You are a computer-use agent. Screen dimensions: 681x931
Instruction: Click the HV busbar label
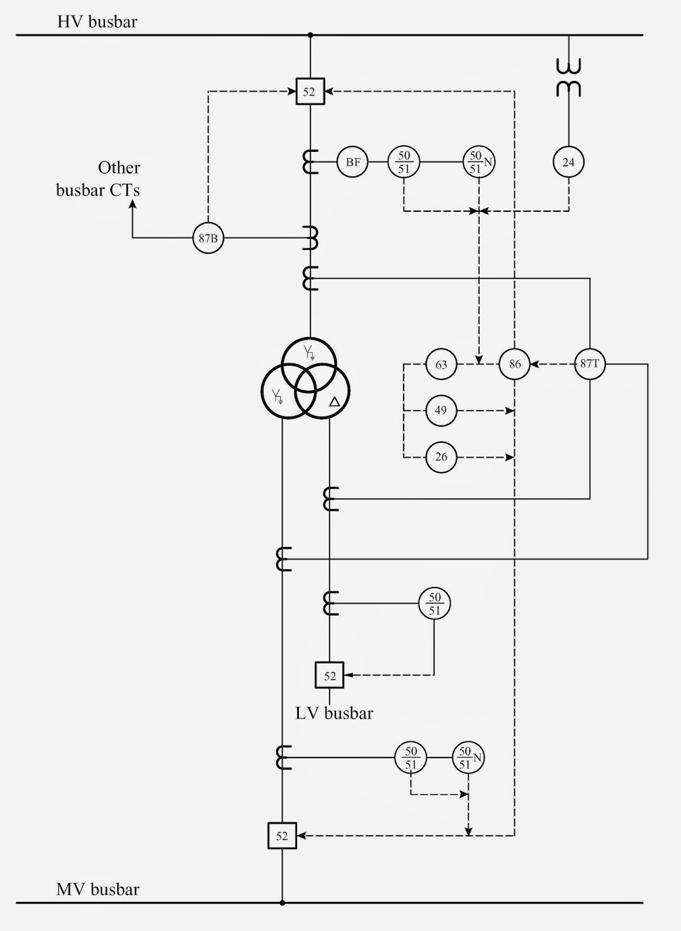(97, 22)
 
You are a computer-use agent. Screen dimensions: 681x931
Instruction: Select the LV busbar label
(334, 713)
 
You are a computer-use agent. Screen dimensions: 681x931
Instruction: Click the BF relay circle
(352, 162)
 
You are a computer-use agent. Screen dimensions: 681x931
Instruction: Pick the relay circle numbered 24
(568, 162)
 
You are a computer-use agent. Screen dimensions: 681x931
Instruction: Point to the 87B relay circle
(208, 238)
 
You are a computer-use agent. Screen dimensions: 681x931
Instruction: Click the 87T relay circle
(590, 364)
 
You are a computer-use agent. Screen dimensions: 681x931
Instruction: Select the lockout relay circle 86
(515, 364)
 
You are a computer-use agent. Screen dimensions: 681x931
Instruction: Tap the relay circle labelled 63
(441, 364)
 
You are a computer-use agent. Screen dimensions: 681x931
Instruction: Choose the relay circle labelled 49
(441, 411)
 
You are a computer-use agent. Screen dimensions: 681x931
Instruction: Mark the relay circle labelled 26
(441, 457)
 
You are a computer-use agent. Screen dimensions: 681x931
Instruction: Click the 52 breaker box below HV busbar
(310, 91)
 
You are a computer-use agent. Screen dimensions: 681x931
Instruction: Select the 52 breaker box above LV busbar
(330, 675)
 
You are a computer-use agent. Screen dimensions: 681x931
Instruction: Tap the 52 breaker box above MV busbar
(282, 836)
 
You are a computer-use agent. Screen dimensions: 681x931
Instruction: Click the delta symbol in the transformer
(334, 401)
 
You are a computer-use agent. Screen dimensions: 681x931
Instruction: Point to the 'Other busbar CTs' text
(98, 179)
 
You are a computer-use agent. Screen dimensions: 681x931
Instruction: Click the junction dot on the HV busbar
(311, 35)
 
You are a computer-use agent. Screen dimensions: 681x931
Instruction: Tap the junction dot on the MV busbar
(282, 902)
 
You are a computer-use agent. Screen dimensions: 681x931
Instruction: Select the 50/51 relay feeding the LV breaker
(434, 603)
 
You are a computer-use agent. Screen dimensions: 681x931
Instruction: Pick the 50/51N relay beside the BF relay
(479, 162)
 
